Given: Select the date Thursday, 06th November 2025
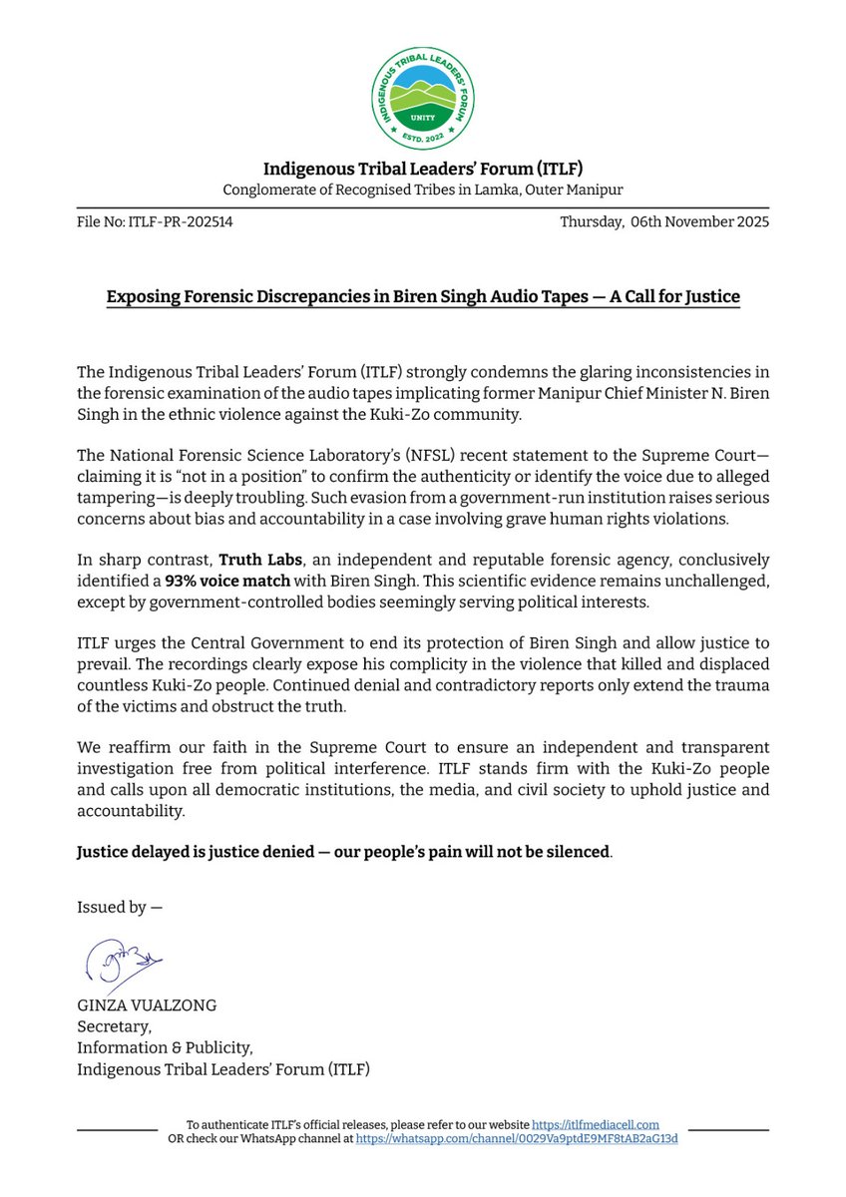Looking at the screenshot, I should pyautogui.click(x=665, y=222).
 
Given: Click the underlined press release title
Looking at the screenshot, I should pyautogui.click(x=423, y=297).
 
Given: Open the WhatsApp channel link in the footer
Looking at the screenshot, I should pyautogui.click(x=517, y=1138).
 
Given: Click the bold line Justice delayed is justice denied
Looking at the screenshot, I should pyautogui.click(x=343, y=855).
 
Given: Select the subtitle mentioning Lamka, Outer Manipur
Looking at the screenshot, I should pyautogui.click(x=423, y=191).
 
